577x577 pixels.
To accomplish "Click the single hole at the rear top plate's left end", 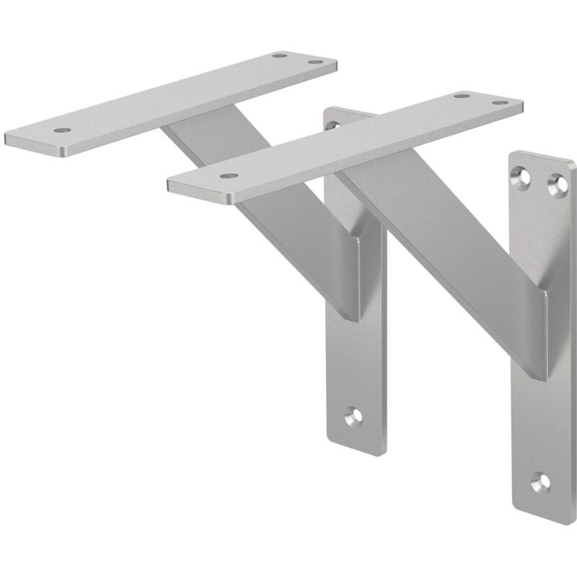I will [62, 131].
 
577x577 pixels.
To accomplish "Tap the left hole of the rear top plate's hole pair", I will [279, 56].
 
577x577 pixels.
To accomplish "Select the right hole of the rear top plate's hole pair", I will [314, 62].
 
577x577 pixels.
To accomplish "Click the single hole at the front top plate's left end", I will [229, 175].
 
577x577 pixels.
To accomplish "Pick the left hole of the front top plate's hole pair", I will [461, 95].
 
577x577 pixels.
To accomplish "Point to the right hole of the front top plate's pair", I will [499, 102].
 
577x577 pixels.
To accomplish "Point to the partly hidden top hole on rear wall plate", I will [332, 125].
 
